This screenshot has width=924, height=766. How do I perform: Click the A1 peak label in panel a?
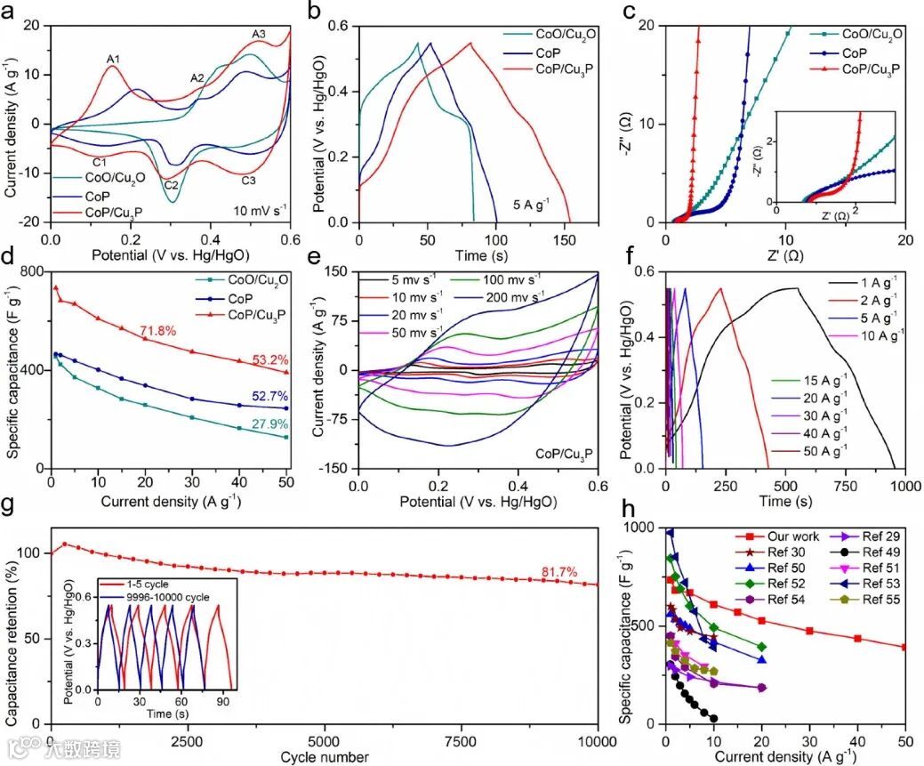point(114,60)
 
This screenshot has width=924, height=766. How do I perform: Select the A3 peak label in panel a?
point(259,35)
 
